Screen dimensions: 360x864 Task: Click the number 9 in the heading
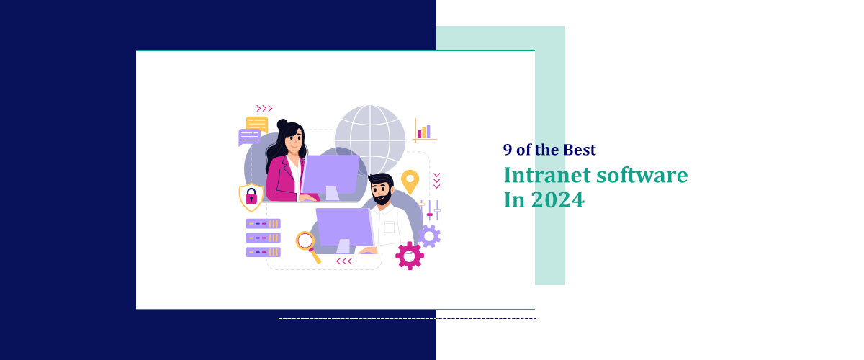[508, 150]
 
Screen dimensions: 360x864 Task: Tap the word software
[644, 175]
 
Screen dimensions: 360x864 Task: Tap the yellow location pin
[410, 180]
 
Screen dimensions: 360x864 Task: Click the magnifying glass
[307, 241]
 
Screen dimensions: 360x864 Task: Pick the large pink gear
[409, 255]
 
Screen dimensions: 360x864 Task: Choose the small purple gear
[429, 235]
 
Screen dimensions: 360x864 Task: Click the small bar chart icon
[424, 130]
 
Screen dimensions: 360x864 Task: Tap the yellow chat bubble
[257, 123]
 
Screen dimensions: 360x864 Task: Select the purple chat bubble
[249, 137]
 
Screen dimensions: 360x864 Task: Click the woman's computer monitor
[329, 173]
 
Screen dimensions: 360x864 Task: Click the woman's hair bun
[282, 124]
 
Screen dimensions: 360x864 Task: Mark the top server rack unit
[263, 223]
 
